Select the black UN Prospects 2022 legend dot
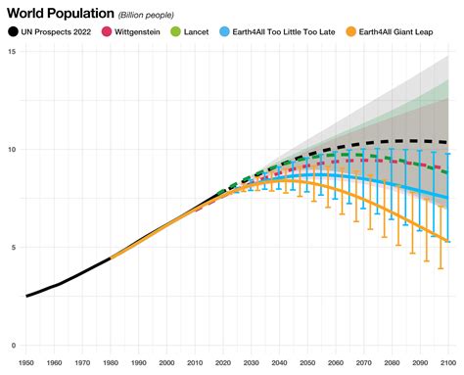coord(13,32)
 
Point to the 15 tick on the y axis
coord(9,51)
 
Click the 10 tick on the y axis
coord(9,149)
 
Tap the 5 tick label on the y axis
coord(11,248)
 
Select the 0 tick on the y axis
coord(11,346)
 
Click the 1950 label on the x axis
coord(26,362)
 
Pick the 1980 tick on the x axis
coord(111,362)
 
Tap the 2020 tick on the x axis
coord(223,362)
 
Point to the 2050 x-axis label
coord(308,362)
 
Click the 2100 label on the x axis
coord(448,362)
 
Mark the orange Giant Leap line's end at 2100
coord(449,241)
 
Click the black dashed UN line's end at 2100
coord(449,143)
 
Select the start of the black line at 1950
coord(26,296)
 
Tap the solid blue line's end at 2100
coord(449,198)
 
